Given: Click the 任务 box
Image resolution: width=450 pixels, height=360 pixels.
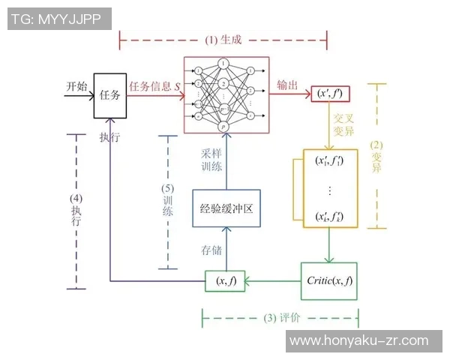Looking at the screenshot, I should click(x=109, y=95).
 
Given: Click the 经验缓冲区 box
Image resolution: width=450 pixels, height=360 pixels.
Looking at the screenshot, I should click(x=226, y=209).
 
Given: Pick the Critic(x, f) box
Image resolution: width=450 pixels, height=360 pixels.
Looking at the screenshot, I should click(x=329, y=280).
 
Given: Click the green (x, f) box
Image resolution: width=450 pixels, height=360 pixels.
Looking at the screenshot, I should click(x=226, y=281).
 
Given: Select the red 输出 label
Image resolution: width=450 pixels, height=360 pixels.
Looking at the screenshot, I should click(x=287, y=85).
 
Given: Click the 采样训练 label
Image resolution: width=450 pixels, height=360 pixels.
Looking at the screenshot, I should click(x=210, y=159).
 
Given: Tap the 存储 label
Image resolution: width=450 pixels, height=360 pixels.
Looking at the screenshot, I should click(x=210, y=248).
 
